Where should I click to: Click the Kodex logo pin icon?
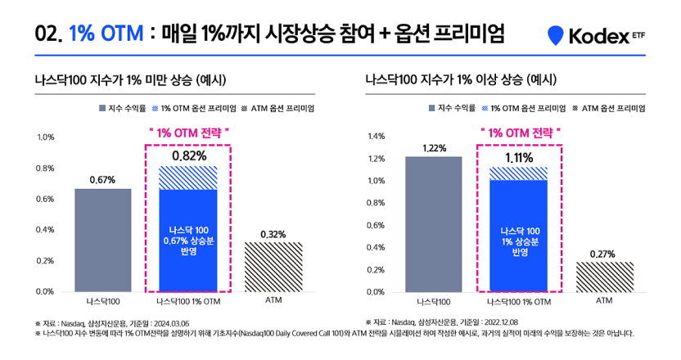pyautogui.click(x=557, y=35)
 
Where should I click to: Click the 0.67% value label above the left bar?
pyautogui.click(x=102, y=178)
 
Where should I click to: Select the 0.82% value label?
pyautogui.click(x=188, y=155)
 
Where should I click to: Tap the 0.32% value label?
pyautogui.click(x=273, y=234)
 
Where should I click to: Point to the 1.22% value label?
pyautogui.click(x=434, y=147)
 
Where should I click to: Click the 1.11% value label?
pyautogui.click(x=518, y=157)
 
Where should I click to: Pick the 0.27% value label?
pyautogui.click(x=603, y=254)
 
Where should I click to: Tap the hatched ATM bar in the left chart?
pyautogui.click(x=273, y=267)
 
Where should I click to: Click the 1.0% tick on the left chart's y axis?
pyautogui.click(x=46, y=137)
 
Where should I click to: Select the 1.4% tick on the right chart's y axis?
pyautogui.click(x=375, y=137)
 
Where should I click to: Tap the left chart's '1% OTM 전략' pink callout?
pyautogui.click(x=188, y=132)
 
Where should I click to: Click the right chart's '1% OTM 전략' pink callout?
pyautogui.click(x=519, y=132)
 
